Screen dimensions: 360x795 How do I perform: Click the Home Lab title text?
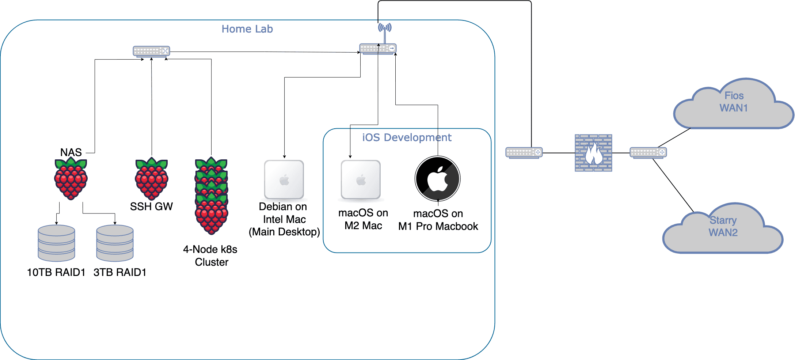[247, 29]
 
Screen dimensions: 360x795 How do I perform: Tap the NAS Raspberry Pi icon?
[71, 179]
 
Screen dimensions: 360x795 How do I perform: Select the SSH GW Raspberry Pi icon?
[151, 179]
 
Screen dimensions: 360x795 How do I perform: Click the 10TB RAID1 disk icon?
[56, 243]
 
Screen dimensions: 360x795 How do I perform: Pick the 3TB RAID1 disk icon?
[115, 243]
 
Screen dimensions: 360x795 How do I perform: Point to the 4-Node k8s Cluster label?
[210, 255]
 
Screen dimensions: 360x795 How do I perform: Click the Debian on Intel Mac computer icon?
[284, 179]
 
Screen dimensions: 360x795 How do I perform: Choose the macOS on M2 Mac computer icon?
[361, 179]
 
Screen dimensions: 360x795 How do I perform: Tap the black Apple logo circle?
[437, 179]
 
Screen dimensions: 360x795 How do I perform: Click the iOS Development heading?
[407, 137]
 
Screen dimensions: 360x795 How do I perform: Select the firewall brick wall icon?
[593, 153]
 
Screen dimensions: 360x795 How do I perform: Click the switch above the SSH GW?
[151, 51]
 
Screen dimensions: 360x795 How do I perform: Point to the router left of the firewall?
[524, 152]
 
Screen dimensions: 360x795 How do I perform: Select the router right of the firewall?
[648, 152]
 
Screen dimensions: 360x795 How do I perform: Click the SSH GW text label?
[151, 206]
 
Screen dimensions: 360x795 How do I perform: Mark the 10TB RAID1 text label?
[56, 272]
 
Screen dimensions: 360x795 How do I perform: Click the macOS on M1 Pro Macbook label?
[438, 220]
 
